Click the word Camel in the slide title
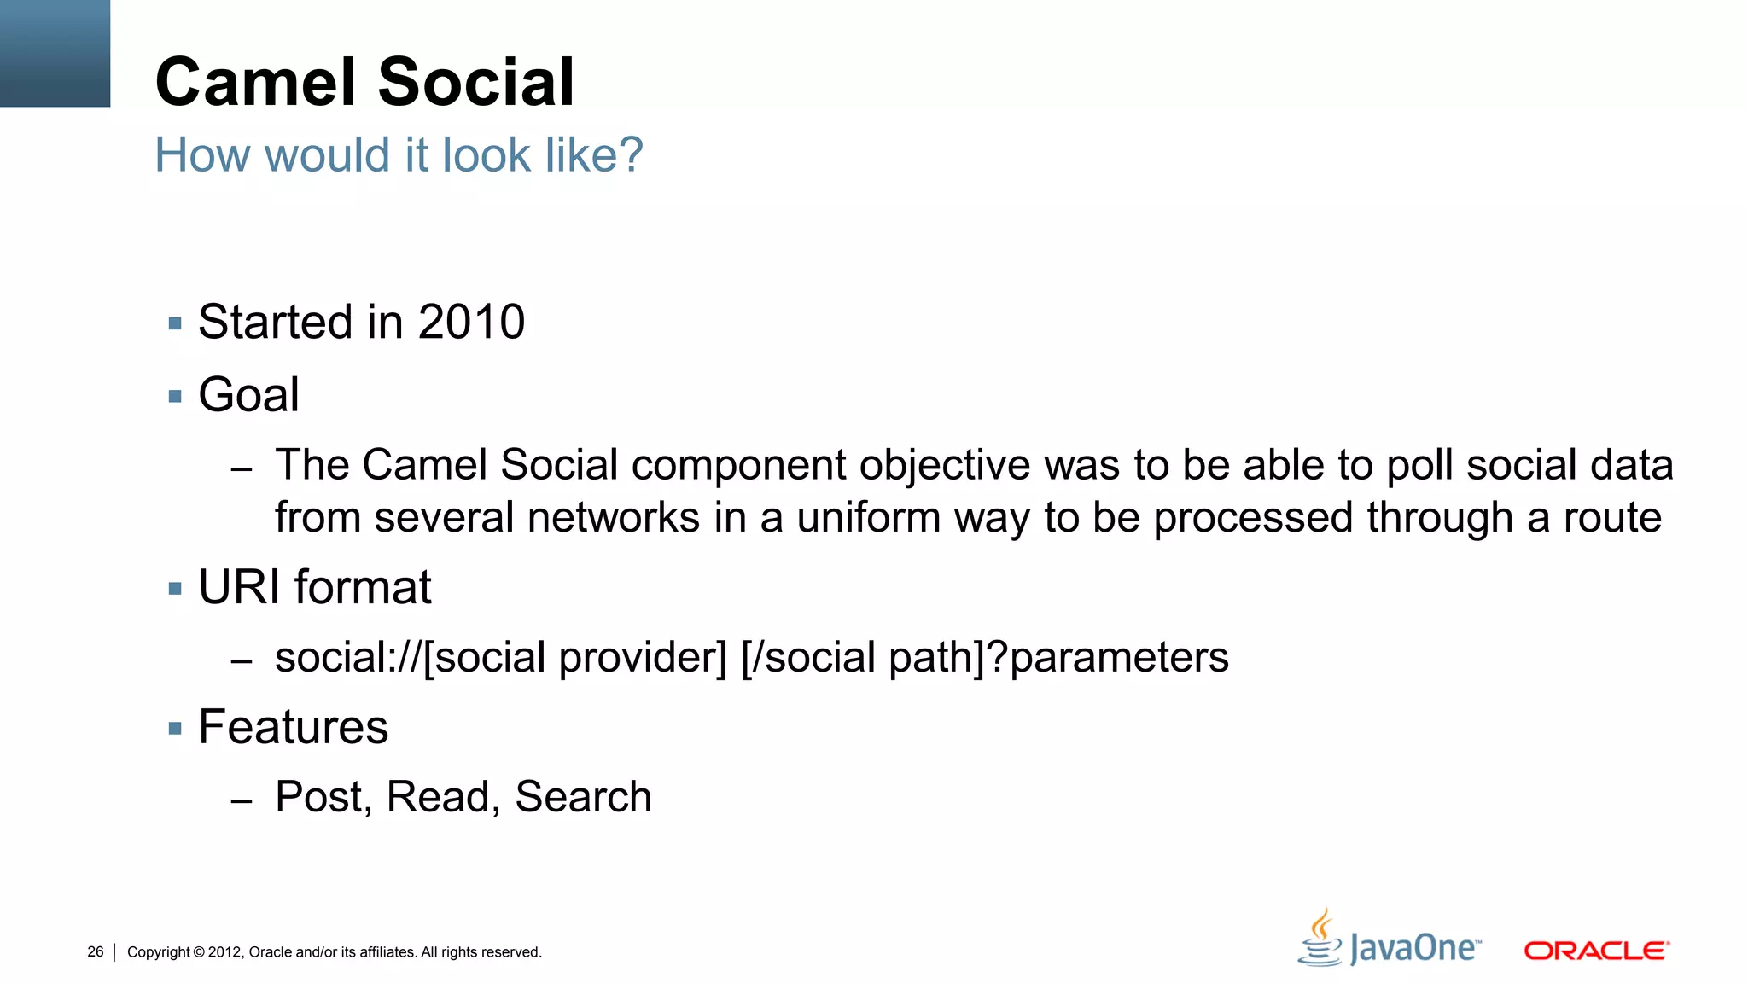coord(255,82)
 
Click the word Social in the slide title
coord(476,82)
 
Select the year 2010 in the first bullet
coord(471,323)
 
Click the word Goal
coord(248,395)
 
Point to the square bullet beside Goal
coord(176,397)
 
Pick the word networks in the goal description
coord(613,518)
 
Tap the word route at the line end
coord(1611,518)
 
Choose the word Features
coord(293,727)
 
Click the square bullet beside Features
coord(176,729)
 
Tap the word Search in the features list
coord(583,797)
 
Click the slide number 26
coord(96,951)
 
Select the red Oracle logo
coord(1596,950)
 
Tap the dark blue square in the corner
coord(55,53)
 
